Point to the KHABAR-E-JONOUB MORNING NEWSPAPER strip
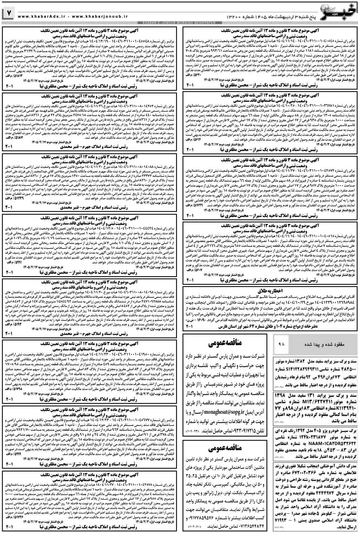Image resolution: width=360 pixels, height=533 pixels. pos(179,23)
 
